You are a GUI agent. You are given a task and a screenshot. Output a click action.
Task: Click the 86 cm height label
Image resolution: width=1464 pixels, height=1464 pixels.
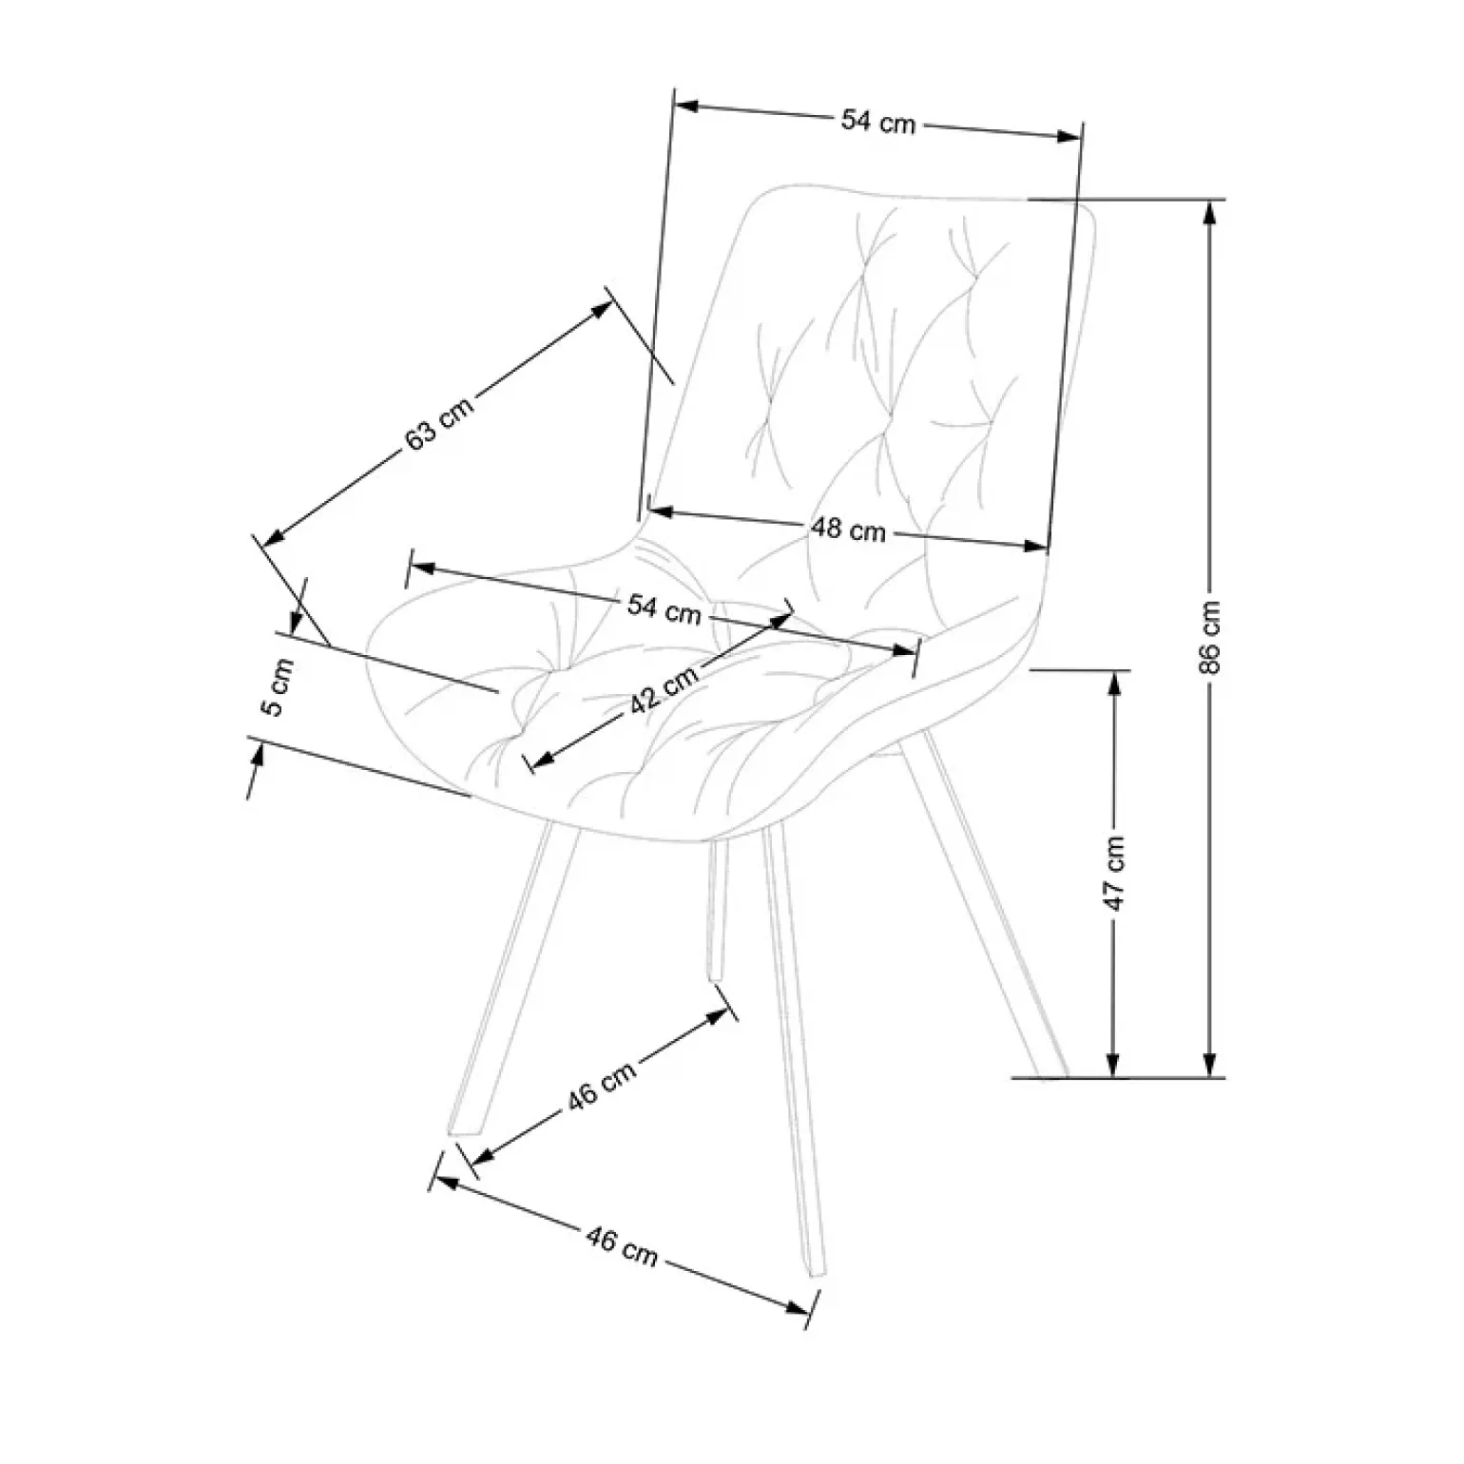click(x=1210, y=637)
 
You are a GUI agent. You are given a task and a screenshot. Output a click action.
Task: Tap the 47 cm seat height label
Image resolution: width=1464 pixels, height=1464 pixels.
click(x=1115, y=874)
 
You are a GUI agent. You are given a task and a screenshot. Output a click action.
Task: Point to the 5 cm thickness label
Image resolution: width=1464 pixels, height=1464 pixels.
click(x=278, y=687)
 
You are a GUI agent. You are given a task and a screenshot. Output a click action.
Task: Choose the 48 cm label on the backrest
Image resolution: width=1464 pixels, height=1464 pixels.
click(x=848, y=529)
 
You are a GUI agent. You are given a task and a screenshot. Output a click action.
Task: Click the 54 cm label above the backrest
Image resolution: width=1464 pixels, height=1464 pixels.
click(x=877, y=122)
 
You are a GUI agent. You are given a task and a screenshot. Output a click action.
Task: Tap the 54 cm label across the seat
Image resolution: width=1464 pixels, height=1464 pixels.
click(x=664, y=609)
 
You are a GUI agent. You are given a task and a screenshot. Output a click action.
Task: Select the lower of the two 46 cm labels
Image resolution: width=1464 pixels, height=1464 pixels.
click(x=622, y=1246)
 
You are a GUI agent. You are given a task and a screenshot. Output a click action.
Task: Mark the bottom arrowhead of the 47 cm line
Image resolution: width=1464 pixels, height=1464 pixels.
click(x=1114, y=1066)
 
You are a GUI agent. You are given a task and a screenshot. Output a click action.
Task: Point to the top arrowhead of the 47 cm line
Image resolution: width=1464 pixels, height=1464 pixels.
click(x=1114, y=683)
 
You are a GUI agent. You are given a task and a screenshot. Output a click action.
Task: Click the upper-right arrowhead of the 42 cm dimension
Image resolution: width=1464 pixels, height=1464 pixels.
click(x=780, y=619)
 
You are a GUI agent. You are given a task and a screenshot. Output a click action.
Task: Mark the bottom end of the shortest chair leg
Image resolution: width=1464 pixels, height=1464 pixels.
click(x=716, y=977)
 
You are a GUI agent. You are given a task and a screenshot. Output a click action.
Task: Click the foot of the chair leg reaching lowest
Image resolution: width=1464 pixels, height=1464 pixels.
click(x=815, y=1272)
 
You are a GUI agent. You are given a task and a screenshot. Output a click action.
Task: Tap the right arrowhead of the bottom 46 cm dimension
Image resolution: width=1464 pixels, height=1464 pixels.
click(x=798, y=1308)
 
